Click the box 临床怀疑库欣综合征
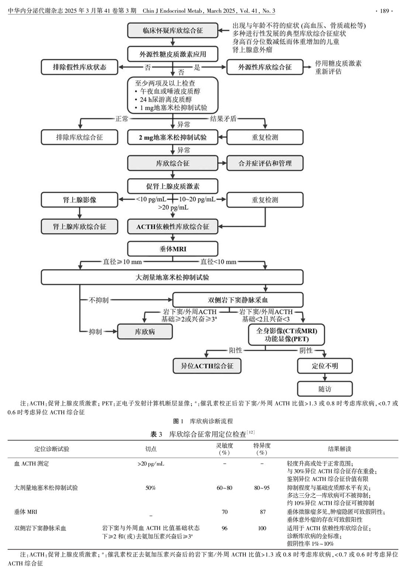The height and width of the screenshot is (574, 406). tap(173, 31)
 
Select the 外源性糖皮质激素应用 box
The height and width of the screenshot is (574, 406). tap(173, 54)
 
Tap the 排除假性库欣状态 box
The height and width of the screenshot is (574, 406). tap(79, 67)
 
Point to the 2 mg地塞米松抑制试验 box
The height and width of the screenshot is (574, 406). tap(173, 137)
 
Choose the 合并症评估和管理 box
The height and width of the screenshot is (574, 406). tap(265, 163)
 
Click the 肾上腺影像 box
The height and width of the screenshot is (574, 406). tap(79, 200)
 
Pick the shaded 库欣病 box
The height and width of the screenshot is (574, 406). tap(145, 332)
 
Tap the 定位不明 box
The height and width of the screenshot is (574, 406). tap(325, 366)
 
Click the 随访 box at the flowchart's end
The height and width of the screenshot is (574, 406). tap(325, 389)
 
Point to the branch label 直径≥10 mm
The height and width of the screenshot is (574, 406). tap(122, 262)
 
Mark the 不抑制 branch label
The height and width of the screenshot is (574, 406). tap(99, 300)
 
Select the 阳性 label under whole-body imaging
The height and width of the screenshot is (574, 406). tap(235, 350)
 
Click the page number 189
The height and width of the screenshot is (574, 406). tap(385, 11)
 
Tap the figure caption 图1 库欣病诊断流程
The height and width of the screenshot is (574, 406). tap(203, 421)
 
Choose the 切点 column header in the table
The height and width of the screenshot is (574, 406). tap(151, 449)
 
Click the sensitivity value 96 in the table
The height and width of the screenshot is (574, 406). tap(224, 528)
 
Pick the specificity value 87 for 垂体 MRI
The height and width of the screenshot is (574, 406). tap(262, 512)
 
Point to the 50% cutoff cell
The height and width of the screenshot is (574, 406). tap(151, 488)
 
